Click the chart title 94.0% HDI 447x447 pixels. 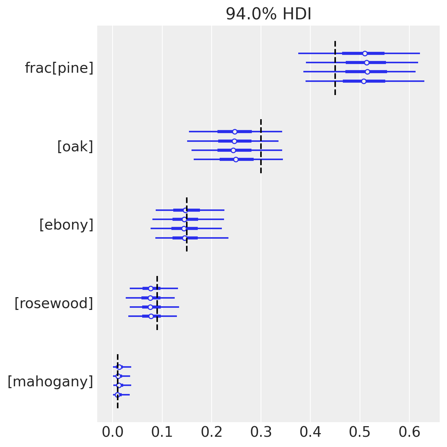tap(268, 14)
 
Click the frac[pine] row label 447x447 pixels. tap(59, 68)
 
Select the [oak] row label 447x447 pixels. tap(75, 147)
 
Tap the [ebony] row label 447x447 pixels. tap(67, 225)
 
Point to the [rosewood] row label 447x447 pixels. tap(54, 303)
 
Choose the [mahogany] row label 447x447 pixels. tap(50, 382)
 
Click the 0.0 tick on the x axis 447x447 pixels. tap(113, 433)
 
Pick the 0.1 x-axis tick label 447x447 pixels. tap(162, 433)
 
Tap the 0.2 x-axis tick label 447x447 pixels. tap(211, 433)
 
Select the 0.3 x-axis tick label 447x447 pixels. tap(261, 433)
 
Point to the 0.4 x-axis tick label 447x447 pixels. tap(310, 433)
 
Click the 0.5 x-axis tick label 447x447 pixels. tap(360, 433)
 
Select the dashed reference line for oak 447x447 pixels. tap(261, 168)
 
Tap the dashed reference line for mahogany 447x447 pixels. tap(118, 404)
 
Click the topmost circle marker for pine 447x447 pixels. tap(365, 53)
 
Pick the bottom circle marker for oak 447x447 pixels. tap(236, 159)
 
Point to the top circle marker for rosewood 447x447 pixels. tap(151, 288)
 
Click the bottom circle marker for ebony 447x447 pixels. tap(185, 238)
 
